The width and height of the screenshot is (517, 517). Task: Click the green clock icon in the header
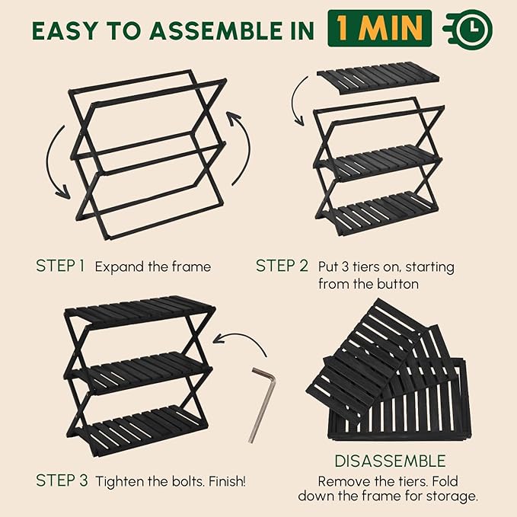[468, 28]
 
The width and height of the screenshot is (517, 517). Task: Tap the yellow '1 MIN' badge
[379, 28]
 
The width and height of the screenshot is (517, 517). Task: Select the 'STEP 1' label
[60, 266]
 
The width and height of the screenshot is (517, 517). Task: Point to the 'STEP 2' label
[282, 266]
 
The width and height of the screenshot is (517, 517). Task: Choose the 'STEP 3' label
[62, 480]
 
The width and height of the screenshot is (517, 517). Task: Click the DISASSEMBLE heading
[390, 461]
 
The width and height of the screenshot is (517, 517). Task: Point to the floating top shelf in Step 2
[378, 78]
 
